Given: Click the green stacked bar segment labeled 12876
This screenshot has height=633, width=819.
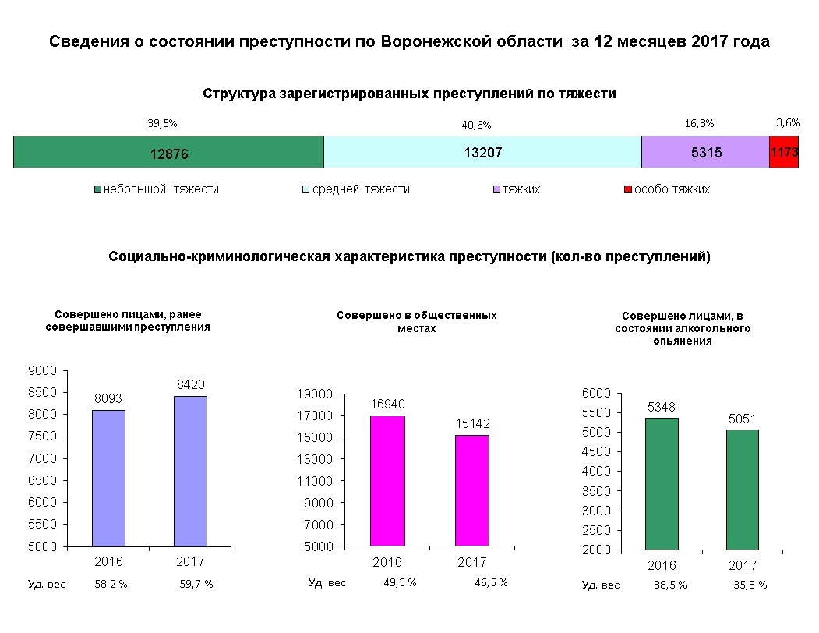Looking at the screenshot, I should (168, 152).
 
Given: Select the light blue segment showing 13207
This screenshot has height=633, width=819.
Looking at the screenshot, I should (482, 152).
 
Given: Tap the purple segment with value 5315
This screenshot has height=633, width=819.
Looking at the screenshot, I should (705, 152).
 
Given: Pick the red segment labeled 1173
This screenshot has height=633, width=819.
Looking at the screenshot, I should (783, 152).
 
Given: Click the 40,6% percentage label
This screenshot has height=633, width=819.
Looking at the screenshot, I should (476, 125).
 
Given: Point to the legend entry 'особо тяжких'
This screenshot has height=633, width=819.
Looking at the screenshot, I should (671, 189).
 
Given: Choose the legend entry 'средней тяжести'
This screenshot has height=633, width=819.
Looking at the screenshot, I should (361, 189).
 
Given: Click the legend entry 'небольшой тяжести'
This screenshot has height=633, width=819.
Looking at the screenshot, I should (161, 189).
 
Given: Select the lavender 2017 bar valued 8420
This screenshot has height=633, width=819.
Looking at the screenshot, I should (190, 471).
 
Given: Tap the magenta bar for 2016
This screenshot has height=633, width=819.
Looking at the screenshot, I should (387, 480).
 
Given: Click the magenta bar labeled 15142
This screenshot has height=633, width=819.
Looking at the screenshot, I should (472, 490).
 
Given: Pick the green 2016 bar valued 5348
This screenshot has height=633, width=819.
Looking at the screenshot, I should (662, 483).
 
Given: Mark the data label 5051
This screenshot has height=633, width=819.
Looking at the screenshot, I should (742, 419).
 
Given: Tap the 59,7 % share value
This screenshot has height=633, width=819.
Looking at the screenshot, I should (196, 584).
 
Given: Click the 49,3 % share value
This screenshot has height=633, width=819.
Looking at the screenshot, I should (400, 582).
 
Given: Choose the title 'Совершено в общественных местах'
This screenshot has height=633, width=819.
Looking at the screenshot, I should (416, 322).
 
